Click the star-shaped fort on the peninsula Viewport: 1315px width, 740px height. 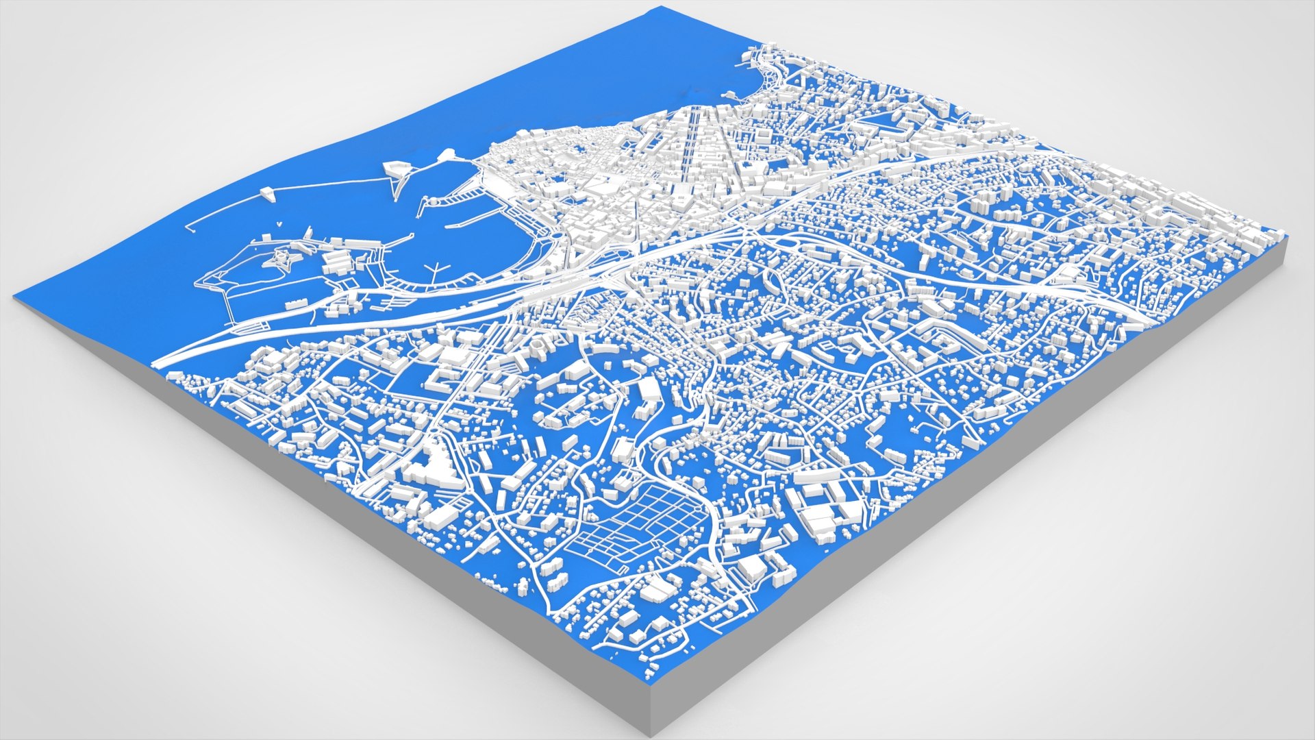point(279,258)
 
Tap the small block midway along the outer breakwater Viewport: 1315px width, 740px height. point(267,195)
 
